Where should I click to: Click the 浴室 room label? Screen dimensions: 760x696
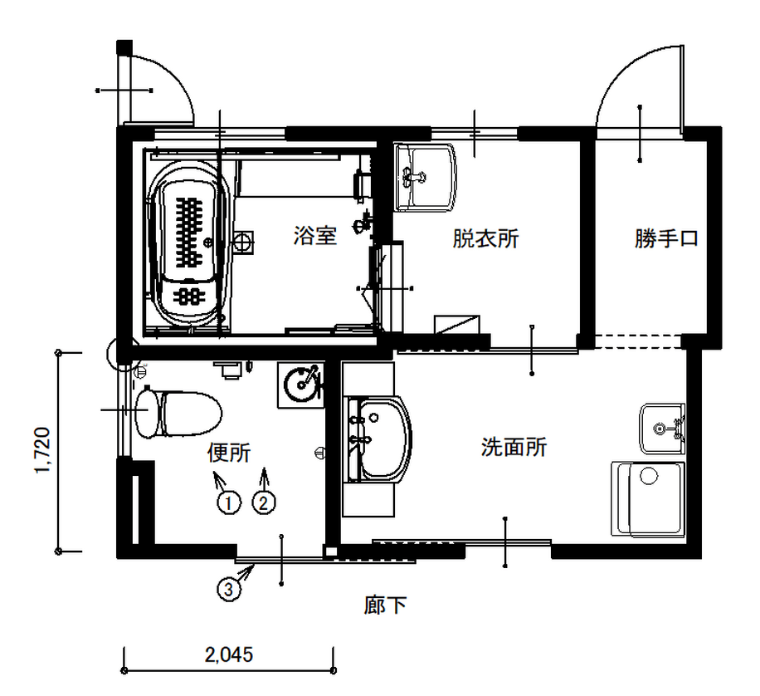click(x=314, y=236)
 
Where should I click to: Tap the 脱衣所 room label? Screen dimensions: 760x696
click(x=485, y=238)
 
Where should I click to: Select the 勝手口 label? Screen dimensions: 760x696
click(x=666, y=238)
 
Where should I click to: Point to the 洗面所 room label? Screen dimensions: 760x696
click(x=514, y=447)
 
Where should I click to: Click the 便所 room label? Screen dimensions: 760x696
click(x=229, y=453)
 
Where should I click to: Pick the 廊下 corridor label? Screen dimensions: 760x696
click(x=385, y=605)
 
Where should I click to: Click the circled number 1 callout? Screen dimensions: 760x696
click(x=229, y=502)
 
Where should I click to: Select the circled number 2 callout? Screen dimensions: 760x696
click(x=264, y=502)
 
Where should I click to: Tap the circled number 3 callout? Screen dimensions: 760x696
click(x=229, y=589)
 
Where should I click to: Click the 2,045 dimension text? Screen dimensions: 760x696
click(x=229, y=654)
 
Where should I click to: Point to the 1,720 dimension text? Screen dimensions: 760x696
click(x=42, y=450)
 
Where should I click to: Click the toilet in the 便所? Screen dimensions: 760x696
click(x=178, y=414)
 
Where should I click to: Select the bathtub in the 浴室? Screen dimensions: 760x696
click(x=189, y=243)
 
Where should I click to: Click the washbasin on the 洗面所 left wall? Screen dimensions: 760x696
click(x=379, y=439)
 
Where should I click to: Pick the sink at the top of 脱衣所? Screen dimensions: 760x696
click(x=426, y=177)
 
